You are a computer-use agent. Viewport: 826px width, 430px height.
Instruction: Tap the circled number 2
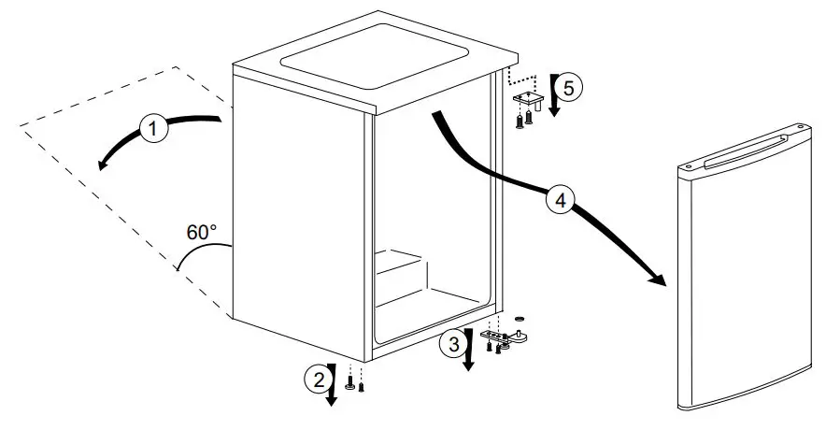[317, 379]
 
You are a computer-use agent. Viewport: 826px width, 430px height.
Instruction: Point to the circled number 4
[560, 201]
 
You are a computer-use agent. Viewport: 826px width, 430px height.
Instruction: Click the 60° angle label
[201, 232]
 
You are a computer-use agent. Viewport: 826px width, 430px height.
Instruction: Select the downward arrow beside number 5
[553, 98]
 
